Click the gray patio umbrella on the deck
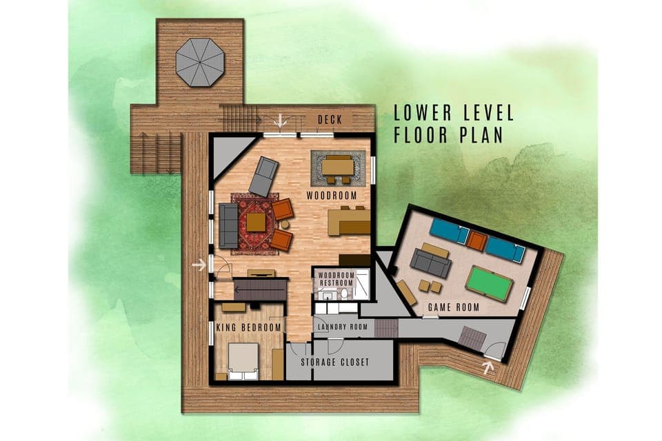tap(199, 62)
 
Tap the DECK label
tap(330, 120)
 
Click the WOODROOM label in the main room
tap(334, 196)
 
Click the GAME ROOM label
tap(454, 307)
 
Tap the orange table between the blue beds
tap(477, 240)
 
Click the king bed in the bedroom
tap(243, 361)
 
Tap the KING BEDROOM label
tap(249, 327)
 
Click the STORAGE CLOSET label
tap(334, 362)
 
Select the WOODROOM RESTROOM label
tap(335, 279)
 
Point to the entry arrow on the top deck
tap(280, 122)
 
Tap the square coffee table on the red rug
tap(256, 222)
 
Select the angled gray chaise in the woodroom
tap(263, 176)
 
